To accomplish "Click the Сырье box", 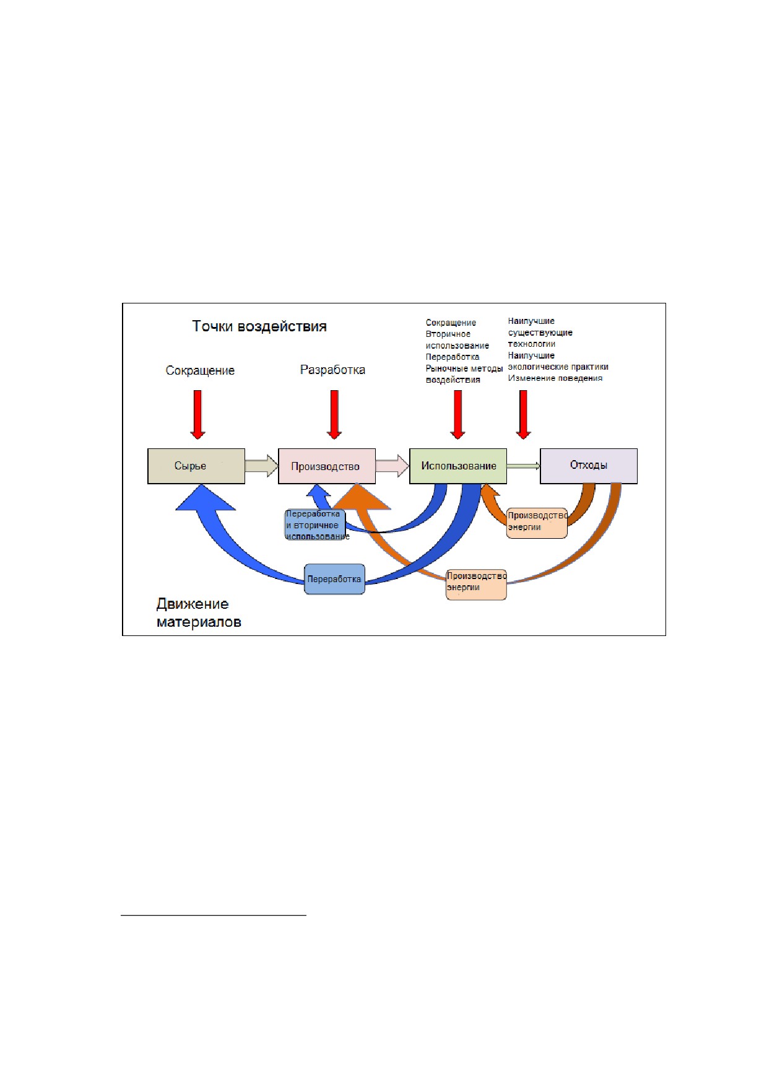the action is point(196,466).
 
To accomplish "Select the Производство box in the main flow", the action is point(327,466).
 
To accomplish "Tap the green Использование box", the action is point(458,466).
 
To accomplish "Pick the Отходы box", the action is point(589,466).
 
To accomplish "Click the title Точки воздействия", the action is point(259,326).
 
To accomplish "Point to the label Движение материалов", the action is point(199,612).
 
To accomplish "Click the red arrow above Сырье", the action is point(197,414).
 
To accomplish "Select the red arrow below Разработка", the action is point(334,414).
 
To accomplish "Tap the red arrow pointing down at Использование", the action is point(457,414).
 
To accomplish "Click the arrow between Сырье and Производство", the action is point(261,466).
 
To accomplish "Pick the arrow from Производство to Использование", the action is point(392,466).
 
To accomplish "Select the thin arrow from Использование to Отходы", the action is point(523,466).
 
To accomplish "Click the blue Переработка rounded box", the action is point(334,579).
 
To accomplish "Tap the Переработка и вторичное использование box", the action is point(315,525).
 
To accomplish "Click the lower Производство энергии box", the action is point(477,584).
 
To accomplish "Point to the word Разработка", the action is point(332,370).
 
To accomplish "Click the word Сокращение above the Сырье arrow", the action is point(200,370).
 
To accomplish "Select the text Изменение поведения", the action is point(555,378).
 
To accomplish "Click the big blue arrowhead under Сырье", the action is point(206,497).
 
